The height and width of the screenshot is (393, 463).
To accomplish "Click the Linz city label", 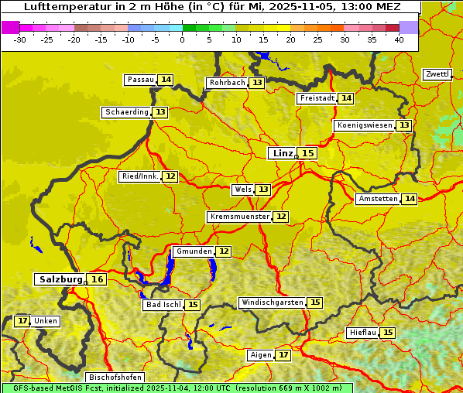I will (283, 153).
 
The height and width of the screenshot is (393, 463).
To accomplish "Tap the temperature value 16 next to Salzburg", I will (97, 279).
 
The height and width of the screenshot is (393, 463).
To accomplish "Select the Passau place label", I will (141, 80).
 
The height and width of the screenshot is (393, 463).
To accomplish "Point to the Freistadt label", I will (317, 98).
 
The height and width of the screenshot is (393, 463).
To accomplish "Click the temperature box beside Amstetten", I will (410, 199).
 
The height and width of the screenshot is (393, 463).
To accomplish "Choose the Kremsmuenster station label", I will (239, 217).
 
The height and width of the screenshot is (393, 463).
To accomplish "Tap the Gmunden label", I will (193, 251).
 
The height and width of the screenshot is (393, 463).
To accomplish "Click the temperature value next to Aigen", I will (283, 355).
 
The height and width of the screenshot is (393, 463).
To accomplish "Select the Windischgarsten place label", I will (272, 302).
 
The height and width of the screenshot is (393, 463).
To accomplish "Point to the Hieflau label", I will (363, 333).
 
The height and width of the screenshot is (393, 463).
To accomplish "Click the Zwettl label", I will (437, 74).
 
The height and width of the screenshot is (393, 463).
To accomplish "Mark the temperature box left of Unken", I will (22, 321).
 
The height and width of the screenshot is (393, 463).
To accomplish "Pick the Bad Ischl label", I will (163, 305).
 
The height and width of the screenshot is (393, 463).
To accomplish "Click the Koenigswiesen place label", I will (365, 125).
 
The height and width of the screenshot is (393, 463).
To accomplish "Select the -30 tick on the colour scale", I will (19, 39).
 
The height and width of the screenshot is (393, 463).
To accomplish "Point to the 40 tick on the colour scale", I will (399, 39).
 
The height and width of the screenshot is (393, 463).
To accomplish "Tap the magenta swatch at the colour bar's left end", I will (10, 27).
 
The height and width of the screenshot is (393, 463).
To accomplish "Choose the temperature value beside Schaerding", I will (160, 112).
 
